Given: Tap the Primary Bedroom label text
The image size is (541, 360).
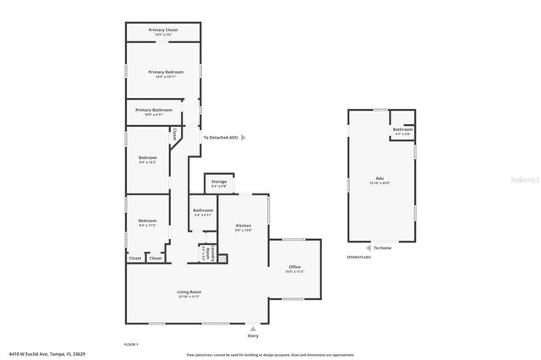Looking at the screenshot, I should [163, 74].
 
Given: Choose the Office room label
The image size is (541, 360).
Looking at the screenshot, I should [294, 269].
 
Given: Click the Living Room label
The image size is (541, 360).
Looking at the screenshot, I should [189, 293].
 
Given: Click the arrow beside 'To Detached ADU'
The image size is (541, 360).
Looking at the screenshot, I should [244, 136].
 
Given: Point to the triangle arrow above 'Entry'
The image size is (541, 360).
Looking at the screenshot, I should [253, 327].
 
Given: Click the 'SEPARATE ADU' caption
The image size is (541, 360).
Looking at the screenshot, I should [359, 257].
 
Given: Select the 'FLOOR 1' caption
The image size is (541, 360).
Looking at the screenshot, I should [131, 344].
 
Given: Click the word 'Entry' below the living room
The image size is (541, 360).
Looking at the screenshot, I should [253, 335].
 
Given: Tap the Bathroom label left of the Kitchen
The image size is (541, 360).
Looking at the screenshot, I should [203, 212].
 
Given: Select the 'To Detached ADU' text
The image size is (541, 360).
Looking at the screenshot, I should [221, 136].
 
